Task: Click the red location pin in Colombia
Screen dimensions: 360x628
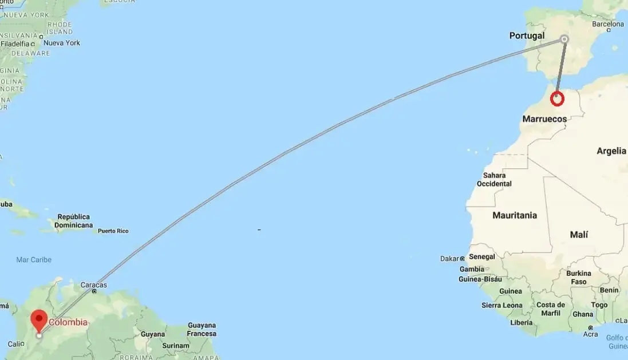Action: [x=40, y=319]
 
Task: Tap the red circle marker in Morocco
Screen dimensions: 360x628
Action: [x=557, y=99]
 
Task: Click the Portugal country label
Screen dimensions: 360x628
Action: [x=527, y=35]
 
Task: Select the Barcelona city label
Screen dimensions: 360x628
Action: [x=608, y=24]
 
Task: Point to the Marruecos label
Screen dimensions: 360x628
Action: [x=544, y=120]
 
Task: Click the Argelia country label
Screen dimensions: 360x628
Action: [x=611, y=151]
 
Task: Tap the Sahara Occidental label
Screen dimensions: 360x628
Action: [x=494, y=179]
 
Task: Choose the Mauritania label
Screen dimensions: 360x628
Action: [x=515, y=215]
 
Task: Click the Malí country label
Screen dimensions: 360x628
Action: [x=579, y=235]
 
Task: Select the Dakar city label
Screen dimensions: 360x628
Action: [x=450, y=259]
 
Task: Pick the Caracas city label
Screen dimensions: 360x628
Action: [x=93, y=284]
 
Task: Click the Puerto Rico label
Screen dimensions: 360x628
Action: [x=113, y=231]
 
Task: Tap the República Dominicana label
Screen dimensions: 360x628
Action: [x=74, y=221]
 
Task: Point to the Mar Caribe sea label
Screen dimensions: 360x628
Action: [x=34, y=260]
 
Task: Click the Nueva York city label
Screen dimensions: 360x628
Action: [x=62, y=43]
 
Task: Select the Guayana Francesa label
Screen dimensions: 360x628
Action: [x=202, y=329]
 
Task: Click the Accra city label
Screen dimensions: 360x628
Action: [x=590, y=334]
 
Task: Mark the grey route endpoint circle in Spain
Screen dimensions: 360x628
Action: [x=564, y=39]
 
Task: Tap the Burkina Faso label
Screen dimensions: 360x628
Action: [x=578, y=278]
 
